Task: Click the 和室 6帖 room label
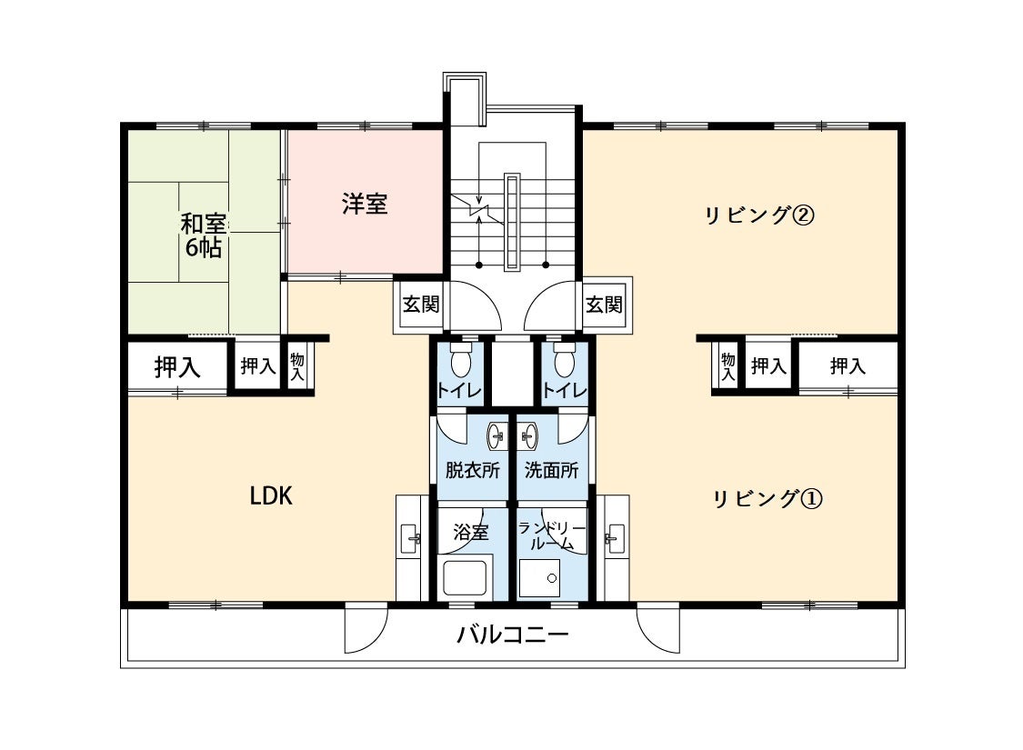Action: click(202, 235)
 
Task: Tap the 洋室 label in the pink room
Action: click(365, 204)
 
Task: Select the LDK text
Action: click(271, 496)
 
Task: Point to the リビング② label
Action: click(757, 215)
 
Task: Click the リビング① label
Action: click(767, 499)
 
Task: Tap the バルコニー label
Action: click(513, 635)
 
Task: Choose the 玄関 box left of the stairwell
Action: click(421, 304)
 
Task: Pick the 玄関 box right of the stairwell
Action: click(604, 304)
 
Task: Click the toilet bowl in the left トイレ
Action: click(461, 363)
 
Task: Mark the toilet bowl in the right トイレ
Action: click(565, 363)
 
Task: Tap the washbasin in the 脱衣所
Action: click(497, 436)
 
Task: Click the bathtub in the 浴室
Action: click(466, 578)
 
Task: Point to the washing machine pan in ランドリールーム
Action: click(540, 578)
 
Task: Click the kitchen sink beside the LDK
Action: click(410, 538)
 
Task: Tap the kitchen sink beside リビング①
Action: click(616, 538)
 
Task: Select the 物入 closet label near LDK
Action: click(297, 366)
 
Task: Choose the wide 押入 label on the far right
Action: click(847, 366)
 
